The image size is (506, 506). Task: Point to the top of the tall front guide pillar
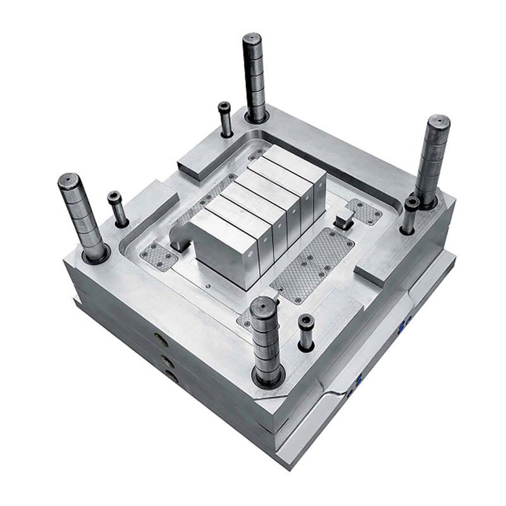pyautogui.click(x=263, y=305)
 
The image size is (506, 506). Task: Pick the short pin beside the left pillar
pyautogui.click(x=114, y=197)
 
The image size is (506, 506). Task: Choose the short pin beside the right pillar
pyautogui.click(x=411, y=204)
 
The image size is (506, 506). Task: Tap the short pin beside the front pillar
pyautogui.click(x=306, y=321)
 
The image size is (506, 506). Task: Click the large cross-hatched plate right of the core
pyautogui.click(x=312, y=264)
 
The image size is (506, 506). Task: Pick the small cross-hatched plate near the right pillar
pyautogui.click(x=364, y=211)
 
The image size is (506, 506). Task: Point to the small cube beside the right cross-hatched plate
pyautogui.click(x=343, y=219)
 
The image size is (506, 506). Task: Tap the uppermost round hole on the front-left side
pyautogui.click(x=161, y=340)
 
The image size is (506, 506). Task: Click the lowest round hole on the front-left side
pyautogui.click(x=171, y=376)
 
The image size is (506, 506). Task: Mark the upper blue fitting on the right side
pyautogui.click(x=401, y=326)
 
